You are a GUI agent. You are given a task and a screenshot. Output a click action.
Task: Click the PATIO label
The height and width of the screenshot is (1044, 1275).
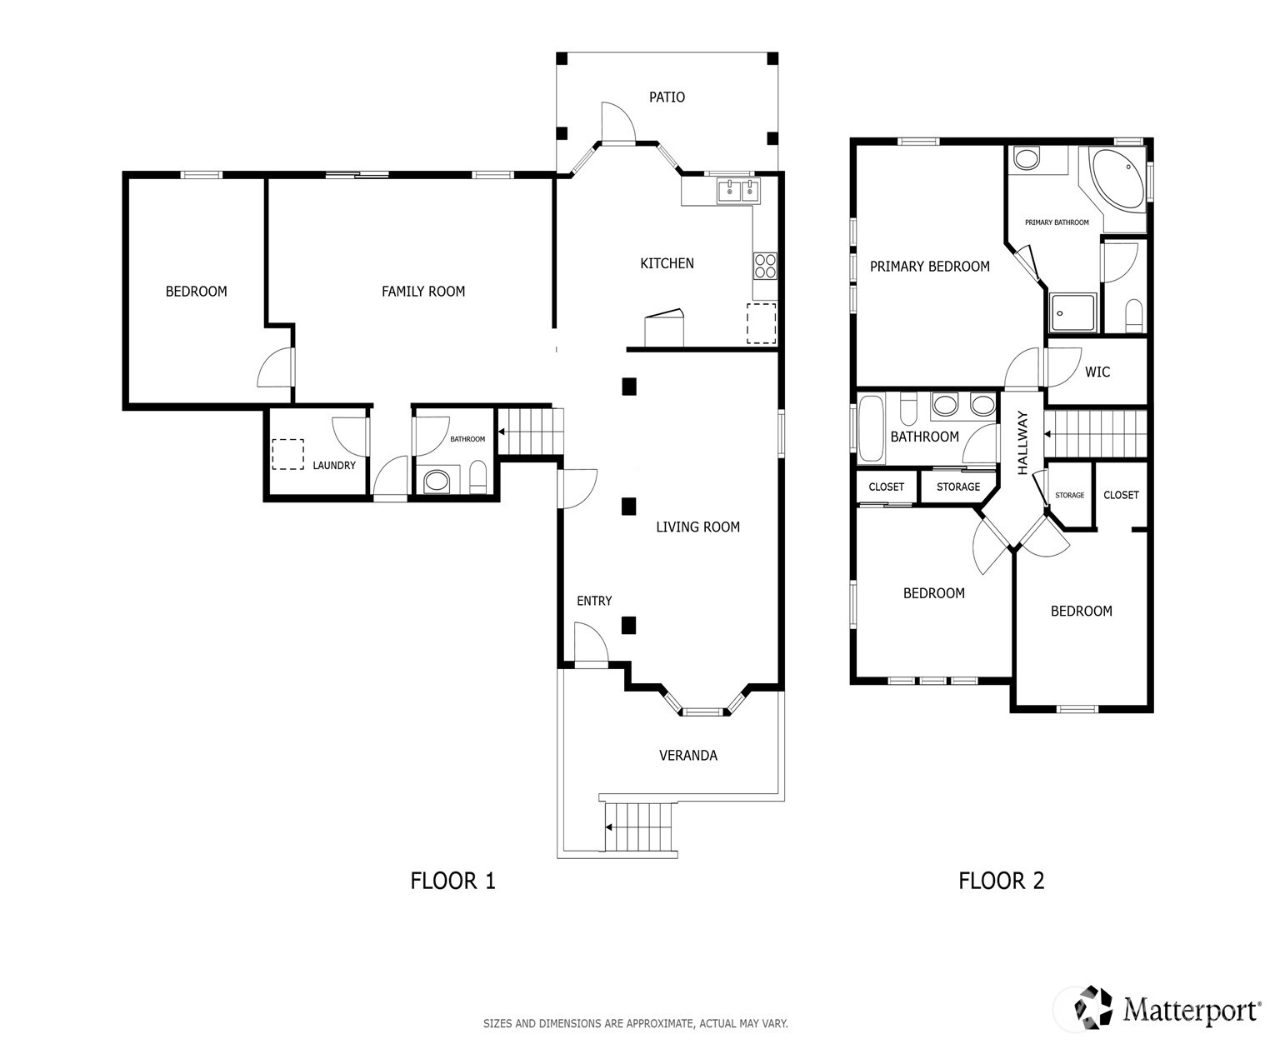pyautogui.click(x=666, y=97)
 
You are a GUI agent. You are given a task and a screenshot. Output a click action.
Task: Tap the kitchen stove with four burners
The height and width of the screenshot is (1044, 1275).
pyautogui.click(x=765, y=266)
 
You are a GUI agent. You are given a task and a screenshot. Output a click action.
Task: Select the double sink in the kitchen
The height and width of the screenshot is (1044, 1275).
pyautogui.click(x=738, y=191)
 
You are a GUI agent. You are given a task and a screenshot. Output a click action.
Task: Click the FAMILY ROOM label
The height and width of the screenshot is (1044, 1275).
pyautogui.click(x=423, y=292)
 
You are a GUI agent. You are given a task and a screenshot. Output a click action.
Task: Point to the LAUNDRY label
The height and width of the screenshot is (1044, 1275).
pyautogui.click(x=333, y=466)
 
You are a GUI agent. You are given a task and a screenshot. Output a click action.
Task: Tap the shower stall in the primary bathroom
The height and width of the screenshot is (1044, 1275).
pyautogui.click(x=1072, y=312)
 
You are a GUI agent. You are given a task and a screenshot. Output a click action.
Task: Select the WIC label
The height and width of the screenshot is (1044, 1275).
pyautogui.click(x=1097, y=372)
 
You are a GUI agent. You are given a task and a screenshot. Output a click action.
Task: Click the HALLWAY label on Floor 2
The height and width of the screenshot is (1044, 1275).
pyautogui.click(x=1022, y=442)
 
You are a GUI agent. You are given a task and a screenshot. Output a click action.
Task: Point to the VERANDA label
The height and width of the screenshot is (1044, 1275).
pyautogui.click(x=688, y=755)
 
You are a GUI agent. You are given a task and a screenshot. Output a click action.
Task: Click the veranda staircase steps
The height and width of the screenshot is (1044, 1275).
pyautogui.click(x=639, y=827)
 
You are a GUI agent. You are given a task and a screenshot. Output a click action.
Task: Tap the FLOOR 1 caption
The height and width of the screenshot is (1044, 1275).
pyautogui.click(x=452, y=881)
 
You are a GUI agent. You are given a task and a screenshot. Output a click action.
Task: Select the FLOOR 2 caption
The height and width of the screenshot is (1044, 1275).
pyautogui.click(x=1001, y=881)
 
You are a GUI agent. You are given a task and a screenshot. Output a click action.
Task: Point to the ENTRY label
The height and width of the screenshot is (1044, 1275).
pyautogui.click(x=594, y=601)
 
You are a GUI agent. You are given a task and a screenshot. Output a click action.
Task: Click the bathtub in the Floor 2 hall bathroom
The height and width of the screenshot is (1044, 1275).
pyautogui.click(x=871, y=428)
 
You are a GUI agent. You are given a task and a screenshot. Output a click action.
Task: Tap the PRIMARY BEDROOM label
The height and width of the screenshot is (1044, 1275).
pyautogui.click(x=929, y=267)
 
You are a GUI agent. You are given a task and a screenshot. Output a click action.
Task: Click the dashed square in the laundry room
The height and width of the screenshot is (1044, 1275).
pyautogui.click(x=287, y=455)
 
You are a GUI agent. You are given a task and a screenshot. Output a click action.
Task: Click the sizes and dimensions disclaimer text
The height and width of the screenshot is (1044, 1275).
pyautogui.click(x=635, y=1023)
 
